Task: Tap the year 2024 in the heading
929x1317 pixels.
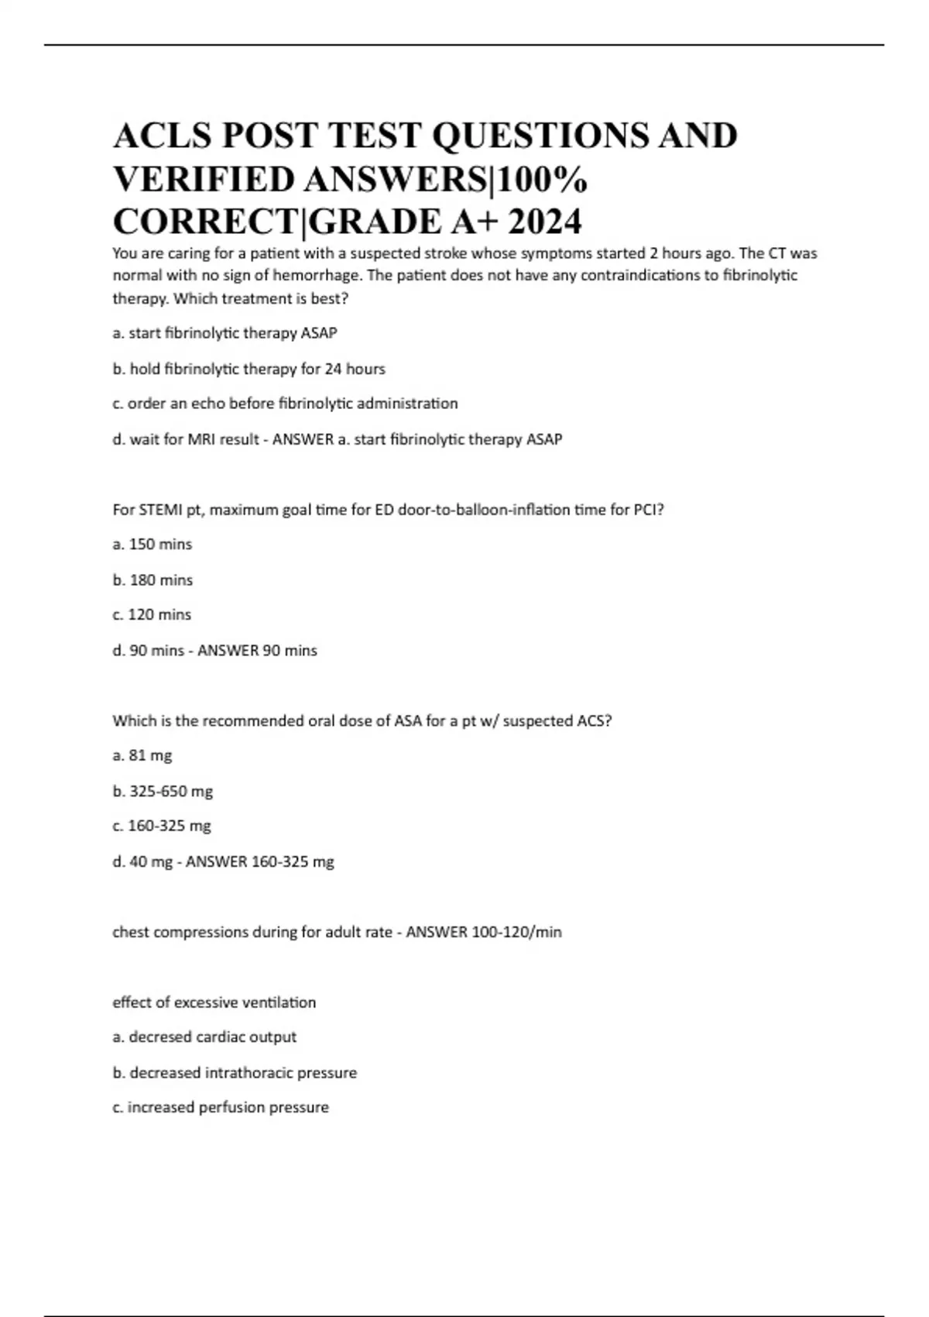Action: tap(545, 222)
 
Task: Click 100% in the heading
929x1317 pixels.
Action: tap(542, 179)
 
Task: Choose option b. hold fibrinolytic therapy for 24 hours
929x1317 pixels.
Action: tap(249, 369)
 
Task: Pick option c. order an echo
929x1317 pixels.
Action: tap(285, 404)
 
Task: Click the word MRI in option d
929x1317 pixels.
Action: tap(204, 439)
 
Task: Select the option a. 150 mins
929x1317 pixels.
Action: tap(153, 544)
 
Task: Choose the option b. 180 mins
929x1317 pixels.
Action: tap(153, 579)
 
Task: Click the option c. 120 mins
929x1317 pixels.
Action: tap(153, 614)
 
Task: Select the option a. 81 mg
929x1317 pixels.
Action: tap(142, 755)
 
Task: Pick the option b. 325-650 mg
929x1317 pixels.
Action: tap(163, 791)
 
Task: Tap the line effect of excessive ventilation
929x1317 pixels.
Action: tap(214, 1002)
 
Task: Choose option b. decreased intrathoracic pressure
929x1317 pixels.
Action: tap(235, 1073)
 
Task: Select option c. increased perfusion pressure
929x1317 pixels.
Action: tap(221, 1107)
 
